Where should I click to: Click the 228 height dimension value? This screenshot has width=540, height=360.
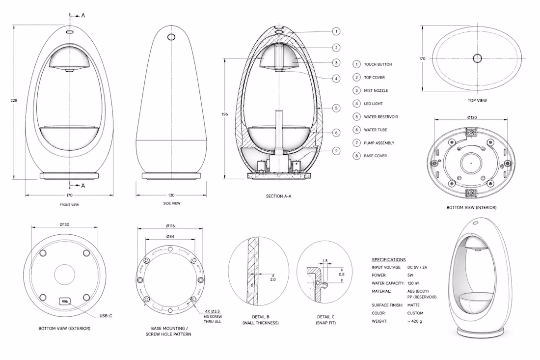14,101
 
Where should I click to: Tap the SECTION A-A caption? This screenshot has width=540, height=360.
279,196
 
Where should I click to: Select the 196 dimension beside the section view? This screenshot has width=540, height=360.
225,114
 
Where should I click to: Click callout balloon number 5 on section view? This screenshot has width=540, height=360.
336,108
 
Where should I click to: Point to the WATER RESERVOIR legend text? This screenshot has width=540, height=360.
381,117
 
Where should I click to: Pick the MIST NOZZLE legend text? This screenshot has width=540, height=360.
376,90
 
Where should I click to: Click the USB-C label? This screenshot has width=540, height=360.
106,316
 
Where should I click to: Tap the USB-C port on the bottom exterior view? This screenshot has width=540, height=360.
65,302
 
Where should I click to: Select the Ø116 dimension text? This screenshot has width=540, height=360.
170,226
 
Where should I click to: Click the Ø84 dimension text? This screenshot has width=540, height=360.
170,237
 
